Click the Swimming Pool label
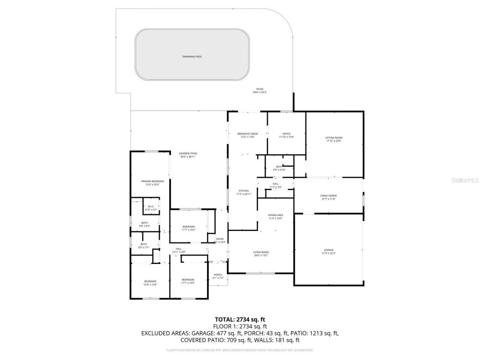192,57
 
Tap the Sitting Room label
334,138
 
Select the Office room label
286,134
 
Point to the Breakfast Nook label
247,134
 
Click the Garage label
329,250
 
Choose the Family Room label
328,196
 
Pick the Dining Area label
275,215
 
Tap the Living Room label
261,252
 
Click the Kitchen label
243,191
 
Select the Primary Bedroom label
152,181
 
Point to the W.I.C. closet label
151,207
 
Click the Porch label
217,275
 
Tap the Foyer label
220,239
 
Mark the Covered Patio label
188,153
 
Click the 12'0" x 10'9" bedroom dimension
150,285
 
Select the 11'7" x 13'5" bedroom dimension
188,283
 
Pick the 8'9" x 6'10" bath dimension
279,170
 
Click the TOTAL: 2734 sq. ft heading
240,319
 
